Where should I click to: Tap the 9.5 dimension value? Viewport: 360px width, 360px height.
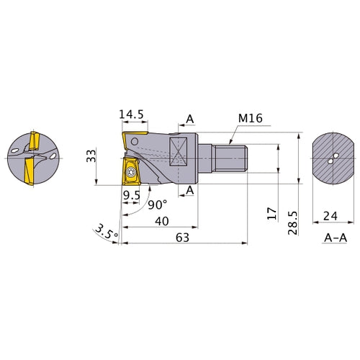(x=130, y=195)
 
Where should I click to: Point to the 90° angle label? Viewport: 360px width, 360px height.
(x=158, y=204)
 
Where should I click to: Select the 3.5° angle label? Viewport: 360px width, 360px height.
(x=104, y=233)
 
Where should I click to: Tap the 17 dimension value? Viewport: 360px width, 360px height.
(x=270, y=214)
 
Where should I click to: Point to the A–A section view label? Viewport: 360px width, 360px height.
(x=332, y=236)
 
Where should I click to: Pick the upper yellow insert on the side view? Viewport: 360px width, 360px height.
(x=135, y=138)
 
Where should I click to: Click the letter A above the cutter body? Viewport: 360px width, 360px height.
(x=189, y=120)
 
